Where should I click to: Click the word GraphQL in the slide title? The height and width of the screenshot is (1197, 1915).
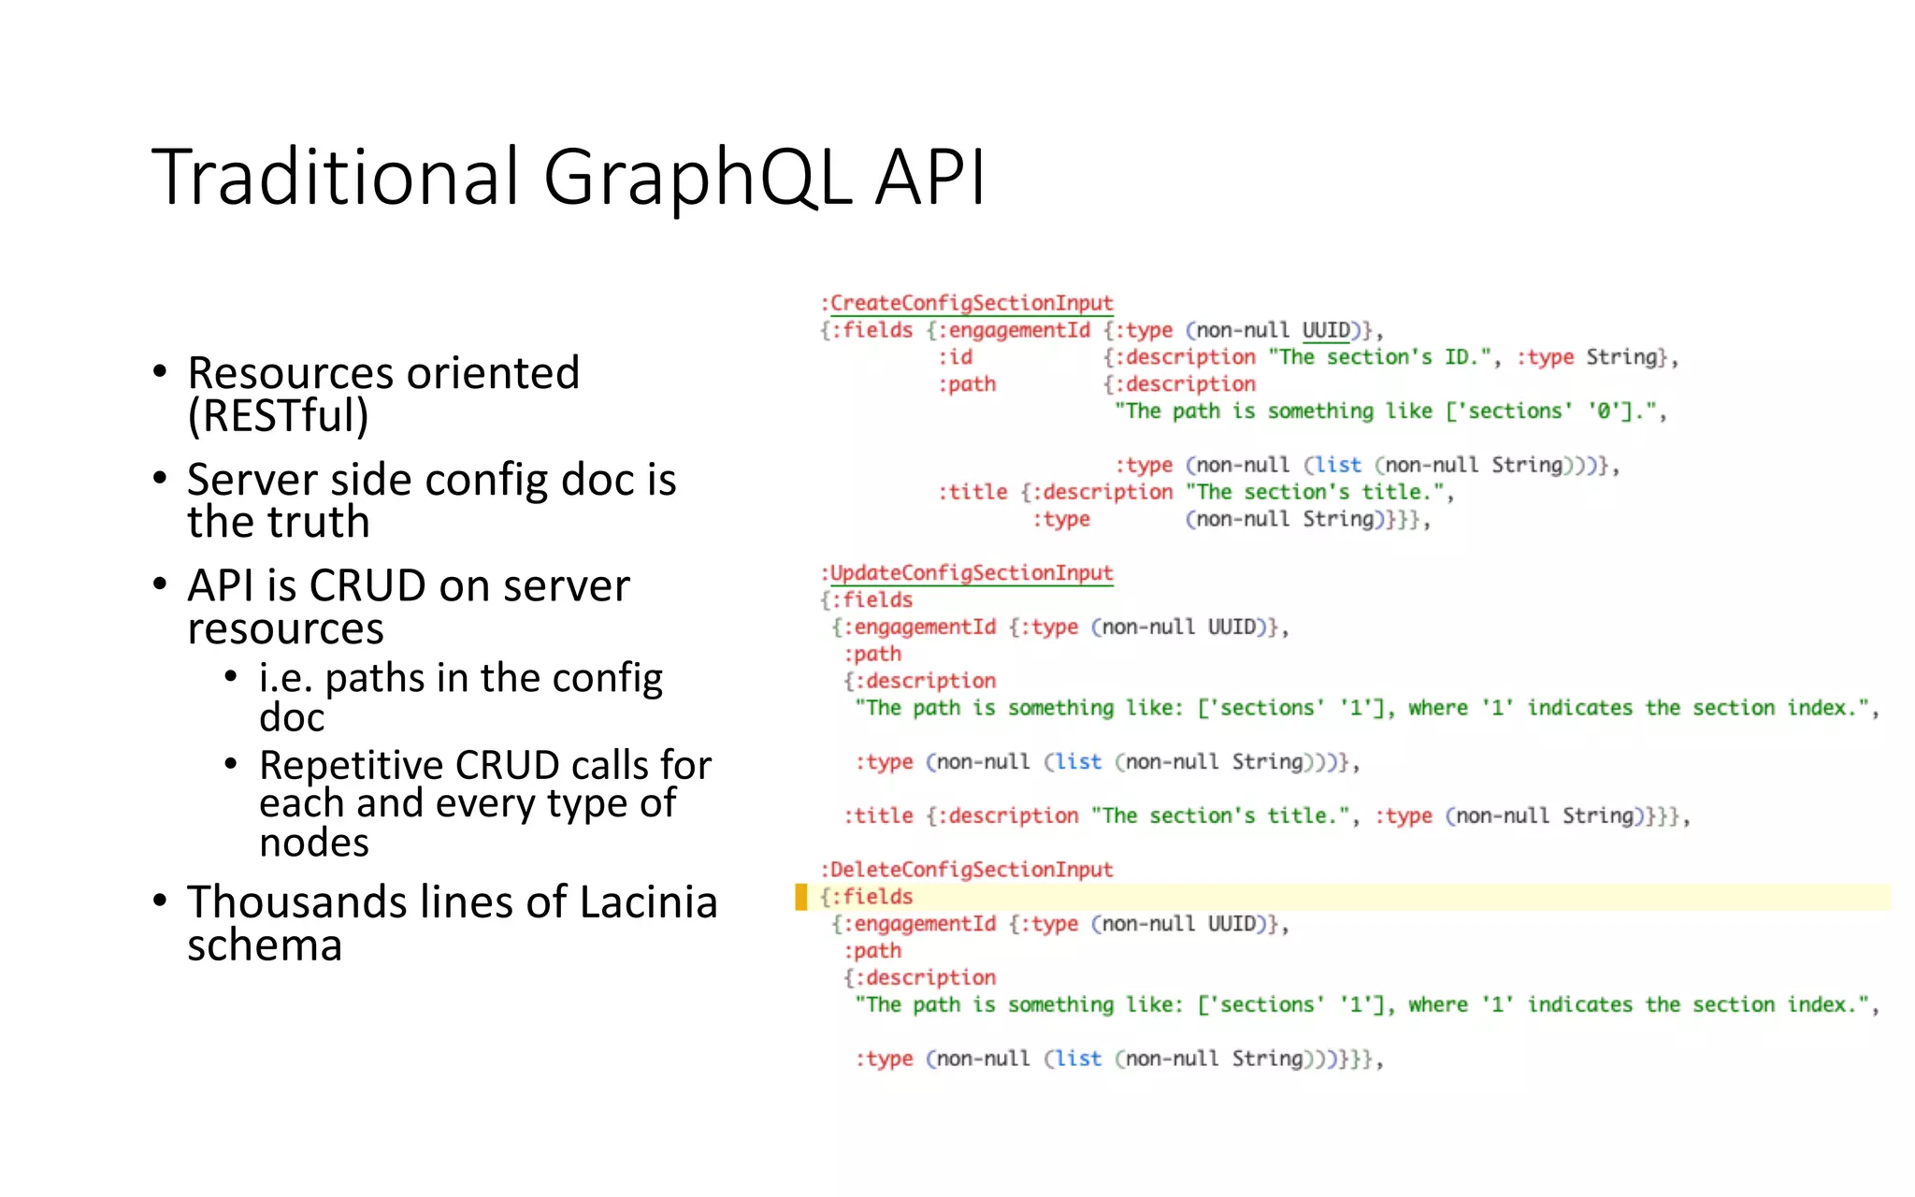[696, 178]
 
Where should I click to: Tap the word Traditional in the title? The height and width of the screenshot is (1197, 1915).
[335, 178]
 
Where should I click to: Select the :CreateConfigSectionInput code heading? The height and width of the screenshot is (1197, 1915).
[967, 303]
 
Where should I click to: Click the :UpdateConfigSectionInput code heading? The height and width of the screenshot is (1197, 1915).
[967, 572]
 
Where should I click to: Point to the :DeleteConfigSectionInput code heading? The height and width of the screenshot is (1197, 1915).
[967, 870]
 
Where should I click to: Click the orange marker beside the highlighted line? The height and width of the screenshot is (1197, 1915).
[800, 897]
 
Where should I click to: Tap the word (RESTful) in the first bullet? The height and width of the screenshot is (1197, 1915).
[278, 415]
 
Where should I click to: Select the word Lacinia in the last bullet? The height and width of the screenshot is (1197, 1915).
[648, 902]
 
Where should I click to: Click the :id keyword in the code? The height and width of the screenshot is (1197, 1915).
[956, 357]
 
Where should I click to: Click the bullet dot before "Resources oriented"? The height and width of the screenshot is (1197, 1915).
[160, 372]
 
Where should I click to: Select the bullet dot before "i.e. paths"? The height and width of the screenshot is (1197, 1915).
[231, 676]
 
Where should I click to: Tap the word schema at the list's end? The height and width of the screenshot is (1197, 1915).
[265, 945]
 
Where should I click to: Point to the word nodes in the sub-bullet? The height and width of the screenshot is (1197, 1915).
[314, 843]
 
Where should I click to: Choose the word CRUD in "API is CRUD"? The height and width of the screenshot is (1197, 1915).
[367, 586]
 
